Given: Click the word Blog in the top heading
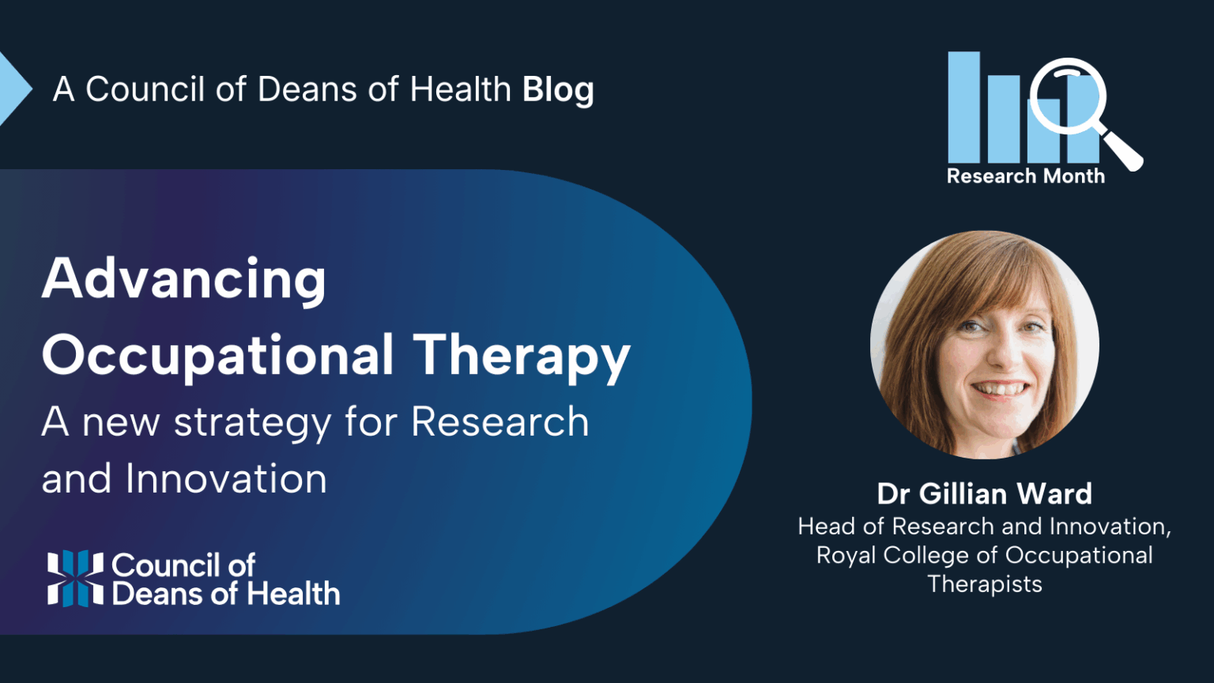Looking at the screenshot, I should pyautogui.click(x=558, y=90).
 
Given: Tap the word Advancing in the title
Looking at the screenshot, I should pyautogui.click(x=184, y=280).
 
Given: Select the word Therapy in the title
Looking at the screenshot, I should pyautogui.click(x=522, y=355).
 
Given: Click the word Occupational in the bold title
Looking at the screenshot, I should pyautogui.click(x=218, y=355).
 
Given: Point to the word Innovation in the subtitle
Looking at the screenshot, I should pyautogui.click(x=226, y=479).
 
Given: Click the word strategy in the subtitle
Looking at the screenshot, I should pyautogui.click(x=254, y=423).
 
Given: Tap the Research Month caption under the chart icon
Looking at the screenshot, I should pyautogui.click(x=1025, y=176).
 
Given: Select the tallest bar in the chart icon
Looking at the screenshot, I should pyautogui.click(x=963, y=107).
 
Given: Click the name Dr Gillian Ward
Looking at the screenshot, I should pyautogui.click(x=984, y=494).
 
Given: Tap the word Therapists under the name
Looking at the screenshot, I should pyautogui.click(x=984, y=584).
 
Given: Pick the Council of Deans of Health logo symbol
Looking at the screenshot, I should pyautogui.click(x=75, y=578).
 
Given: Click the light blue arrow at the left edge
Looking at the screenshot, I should pyautogui.click(x=13, y=89).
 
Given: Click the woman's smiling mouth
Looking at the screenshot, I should pyautogui.click(x=1001, y=389).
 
